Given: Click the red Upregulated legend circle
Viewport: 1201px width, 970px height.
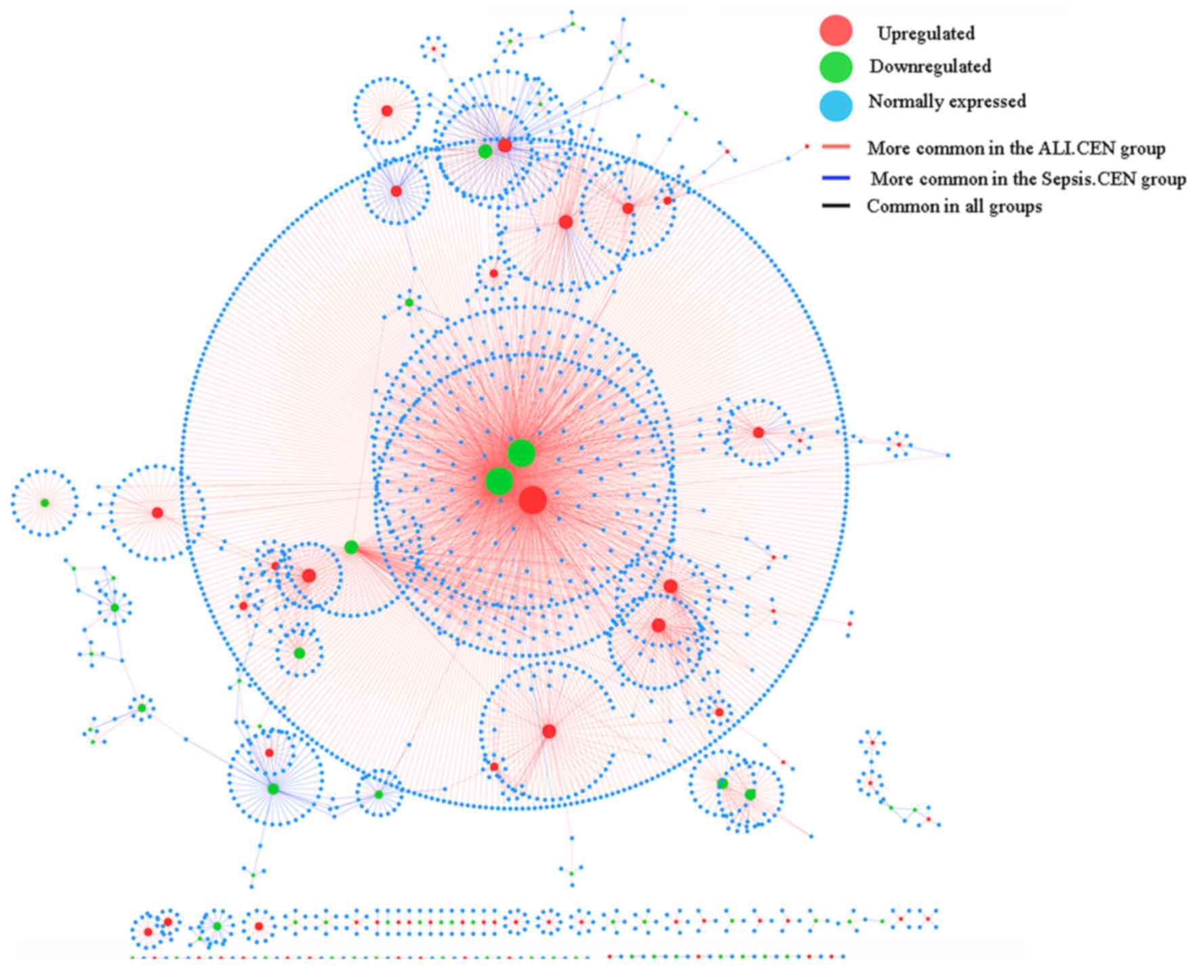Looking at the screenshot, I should (836, 31).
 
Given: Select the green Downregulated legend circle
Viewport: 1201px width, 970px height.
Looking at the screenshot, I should (836, 66).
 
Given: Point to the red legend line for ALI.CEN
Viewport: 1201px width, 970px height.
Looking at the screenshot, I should (836, 146).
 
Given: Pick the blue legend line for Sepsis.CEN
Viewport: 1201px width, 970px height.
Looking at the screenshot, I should (836, 178).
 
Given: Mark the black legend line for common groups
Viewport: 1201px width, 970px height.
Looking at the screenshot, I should (836, 205).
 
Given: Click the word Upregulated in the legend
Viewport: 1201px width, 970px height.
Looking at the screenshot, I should (926, 33).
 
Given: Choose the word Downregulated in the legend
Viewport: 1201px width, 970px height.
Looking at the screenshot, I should (930, 66).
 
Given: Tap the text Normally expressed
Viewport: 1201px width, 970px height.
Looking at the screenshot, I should (947, 102).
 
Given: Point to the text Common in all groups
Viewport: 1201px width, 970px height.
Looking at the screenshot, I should (954, 206).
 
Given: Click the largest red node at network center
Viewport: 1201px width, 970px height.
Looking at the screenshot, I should (533, 500).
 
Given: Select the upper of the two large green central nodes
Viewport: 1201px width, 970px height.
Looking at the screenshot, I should (521, 453).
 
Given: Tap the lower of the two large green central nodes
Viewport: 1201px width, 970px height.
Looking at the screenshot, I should (499, 481).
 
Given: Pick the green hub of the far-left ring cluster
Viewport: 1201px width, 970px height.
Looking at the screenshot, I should (45, 503).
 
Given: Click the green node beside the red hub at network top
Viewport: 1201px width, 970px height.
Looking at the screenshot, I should (485, 151).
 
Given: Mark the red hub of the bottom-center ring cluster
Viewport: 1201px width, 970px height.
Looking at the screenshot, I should (549, 731).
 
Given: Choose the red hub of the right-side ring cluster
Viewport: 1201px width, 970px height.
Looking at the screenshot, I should (758, 432).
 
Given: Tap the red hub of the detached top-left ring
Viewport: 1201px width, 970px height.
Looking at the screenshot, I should (386, 110).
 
